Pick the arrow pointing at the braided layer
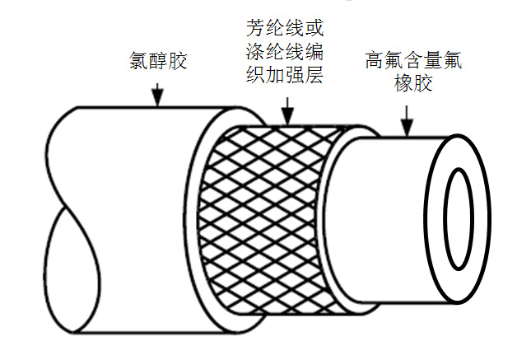pos(286,111)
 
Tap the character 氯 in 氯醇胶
pos(138,62)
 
